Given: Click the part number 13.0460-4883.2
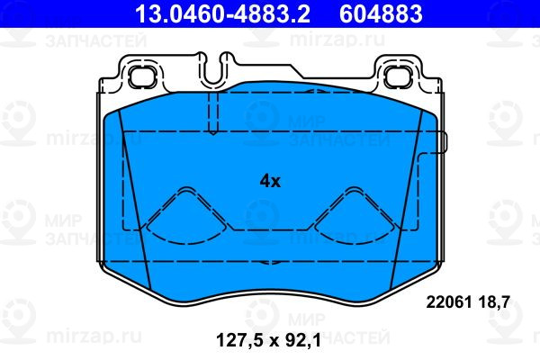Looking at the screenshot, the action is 222,13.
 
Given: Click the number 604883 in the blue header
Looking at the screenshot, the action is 381,13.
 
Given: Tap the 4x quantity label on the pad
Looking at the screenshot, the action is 270,181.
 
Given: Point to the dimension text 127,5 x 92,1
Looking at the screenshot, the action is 268,340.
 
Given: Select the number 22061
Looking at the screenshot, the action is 449,302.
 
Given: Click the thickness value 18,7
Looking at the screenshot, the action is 492,302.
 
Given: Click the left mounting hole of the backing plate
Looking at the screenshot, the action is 142,77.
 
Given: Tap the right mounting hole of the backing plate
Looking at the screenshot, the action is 398,77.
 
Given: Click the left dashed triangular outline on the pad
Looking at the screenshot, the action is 186,216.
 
